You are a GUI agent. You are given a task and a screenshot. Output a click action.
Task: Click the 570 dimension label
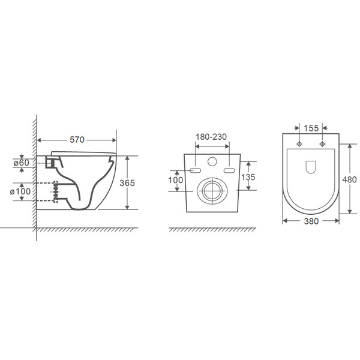coord(77,140)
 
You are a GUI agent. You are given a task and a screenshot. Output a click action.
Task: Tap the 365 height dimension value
coord(127,183)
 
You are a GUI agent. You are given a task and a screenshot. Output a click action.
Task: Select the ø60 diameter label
coord(22,163)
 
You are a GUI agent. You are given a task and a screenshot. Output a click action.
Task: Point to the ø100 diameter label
coord(20,191)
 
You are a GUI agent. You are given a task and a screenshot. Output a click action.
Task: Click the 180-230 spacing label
coord(211,137)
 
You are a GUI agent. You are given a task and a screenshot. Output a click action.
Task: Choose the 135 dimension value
coord(248,177)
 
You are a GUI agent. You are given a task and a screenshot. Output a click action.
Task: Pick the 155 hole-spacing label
coord(311,128)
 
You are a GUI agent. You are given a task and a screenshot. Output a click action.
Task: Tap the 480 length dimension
coord(349,179)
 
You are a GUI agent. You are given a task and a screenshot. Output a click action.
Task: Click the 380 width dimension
coord(311,221)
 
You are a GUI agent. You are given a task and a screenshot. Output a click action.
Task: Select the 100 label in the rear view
coord(176,180)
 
